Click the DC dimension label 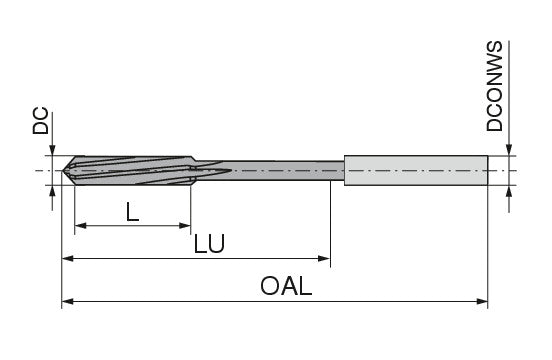41,121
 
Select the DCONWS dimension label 495,86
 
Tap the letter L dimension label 132,211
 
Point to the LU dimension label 209,244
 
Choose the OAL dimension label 286,286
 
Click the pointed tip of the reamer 63,171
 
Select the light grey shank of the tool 416,170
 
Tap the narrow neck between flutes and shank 269,170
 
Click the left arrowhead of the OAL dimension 68,302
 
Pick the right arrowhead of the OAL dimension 482,302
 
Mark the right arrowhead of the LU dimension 324,259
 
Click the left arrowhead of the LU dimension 68,259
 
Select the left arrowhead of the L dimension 81,226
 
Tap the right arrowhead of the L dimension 185,226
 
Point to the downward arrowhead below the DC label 52,149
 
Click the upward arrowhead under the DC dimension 52,191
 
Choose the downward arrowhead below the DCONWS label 509,149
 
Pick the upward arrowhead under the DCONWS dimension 509,192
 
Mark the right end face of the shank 488,170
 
